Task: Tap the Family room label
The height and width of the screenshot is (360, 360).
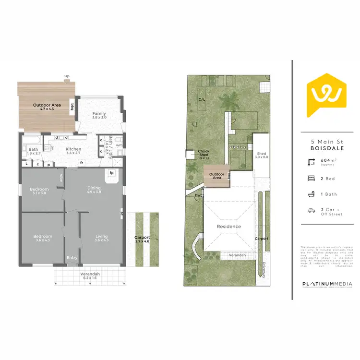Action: point(99,116)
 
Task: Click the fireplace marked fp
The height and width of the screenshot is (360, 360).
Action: point(111,173)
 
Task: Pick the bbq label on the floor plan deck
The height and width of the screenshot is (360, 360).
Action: point(72,107)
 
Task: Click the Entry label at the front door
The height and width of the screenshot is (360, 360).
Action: point(72,258)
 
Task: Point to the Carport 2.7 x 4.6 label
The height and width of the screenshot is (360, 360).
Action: point(142,240)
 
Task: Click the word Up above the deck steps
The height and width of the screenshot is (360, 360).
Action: point(67,76)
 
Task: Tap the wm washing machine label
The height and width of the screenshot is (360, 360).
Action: point(119,145)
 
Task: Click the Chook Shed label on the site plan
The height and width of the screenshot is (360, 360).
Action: point(204,155)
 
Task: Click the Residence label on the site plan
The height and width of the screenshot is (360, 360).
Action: point(228,226)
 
